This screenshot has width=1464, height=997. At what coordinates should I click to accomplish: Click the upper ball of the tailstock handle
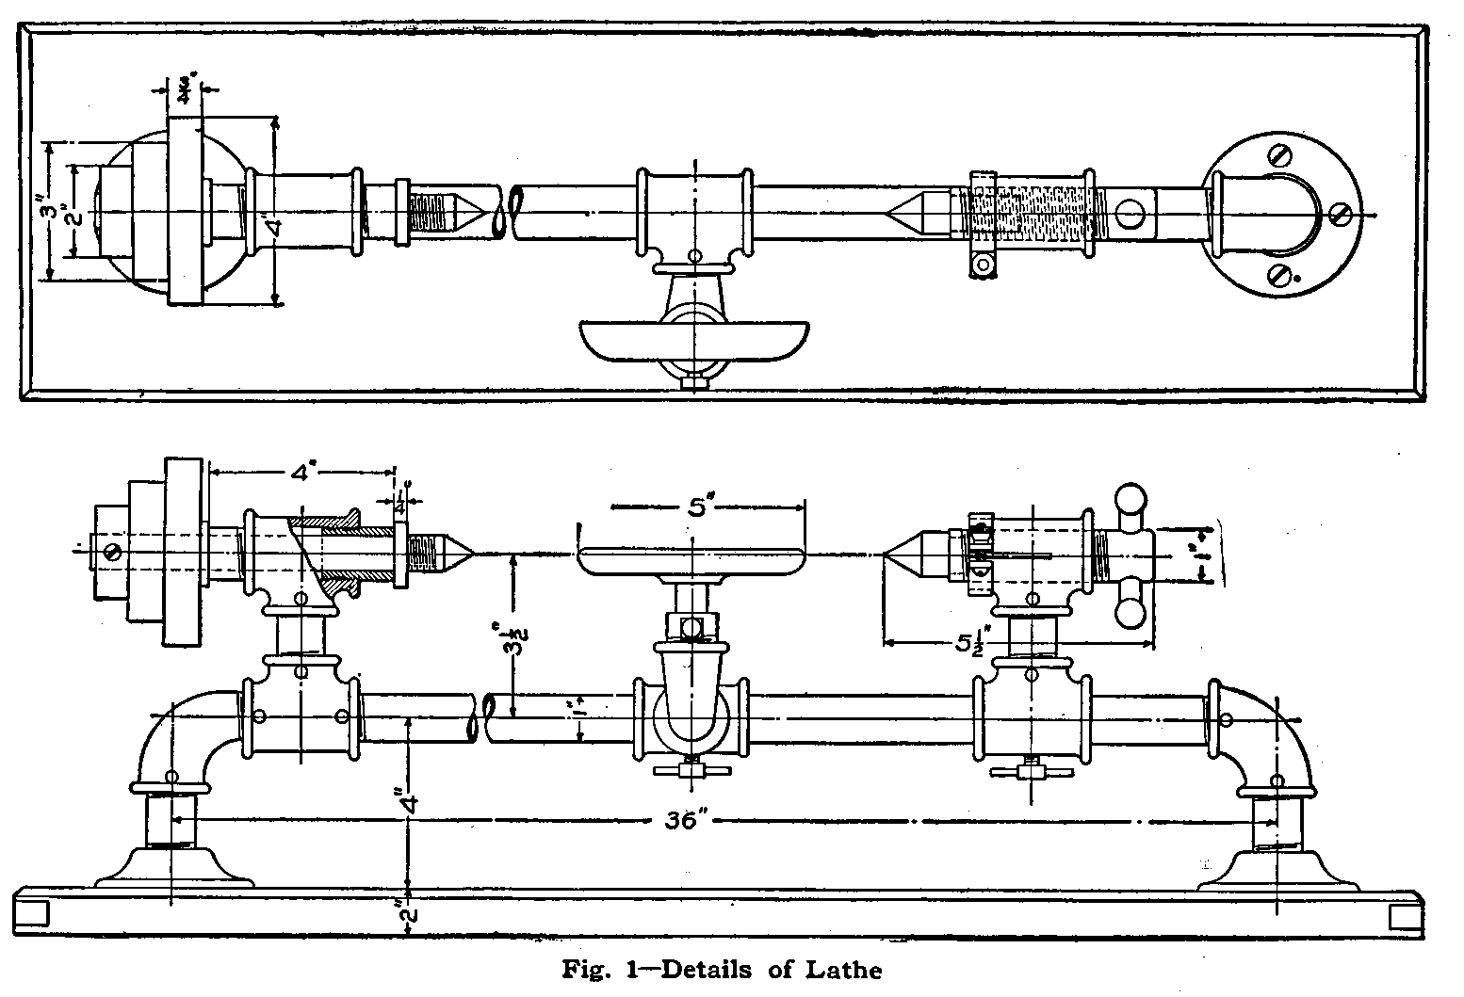[1131, 497]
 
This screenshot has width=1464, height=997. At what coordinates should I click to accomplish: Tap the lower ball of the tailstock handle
[1131, 614]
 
